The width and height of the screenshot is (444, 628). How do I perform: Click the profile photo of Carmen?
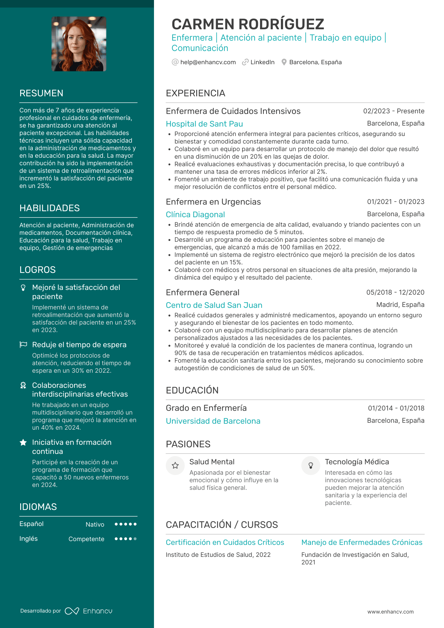coord(79,44)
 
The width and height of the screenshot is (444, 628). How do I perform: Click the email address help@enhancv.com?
coord(208,62)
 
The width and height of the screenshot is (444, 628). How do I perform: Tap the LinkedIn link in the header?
coord(262,62)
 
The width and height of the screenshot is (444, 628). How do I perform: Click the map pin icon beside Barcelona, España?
coord(284,62)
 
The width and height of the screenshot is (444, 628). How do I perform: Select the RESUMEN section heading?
coord(41,93)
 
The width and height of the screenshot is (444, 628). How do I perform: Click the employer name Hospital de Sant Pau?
coord(204,124)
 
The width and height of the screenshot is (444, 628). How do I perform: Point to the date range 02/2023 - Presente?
coord(394,111)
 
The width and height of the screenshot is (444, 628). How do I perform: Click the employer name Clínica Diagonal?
coord(195,215)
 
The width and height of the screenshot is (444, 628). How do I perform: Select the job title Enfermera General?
coord(202,292)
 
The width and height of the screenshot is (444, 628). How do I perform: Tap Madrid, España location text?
coord(400,305)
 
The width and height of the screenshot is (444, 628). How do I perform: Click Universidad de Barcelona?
coord(213,421)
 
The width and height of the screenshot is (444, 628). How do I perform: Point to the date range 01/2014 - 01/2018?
coord(396,408)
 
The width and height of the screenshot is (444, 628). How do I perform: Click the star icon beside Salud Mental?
coord(175,466)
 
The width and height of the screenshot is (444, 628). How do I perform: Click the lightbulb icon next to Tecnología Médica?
coord(311,466)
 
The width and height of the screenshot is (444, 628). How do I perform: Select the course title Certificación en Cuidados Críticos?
coord(225,542)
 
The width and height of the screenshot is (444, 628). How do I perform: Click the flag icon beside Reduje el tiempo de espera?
coord(23,345)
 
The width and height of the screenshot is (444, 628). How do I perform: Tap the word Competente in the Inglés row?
coord(86,539)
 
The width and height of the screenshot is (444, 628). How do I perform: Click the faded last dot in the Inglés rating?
coord(135,539)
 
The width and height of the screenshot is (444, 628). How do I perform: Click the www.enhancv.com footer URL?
coord(390,612)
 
